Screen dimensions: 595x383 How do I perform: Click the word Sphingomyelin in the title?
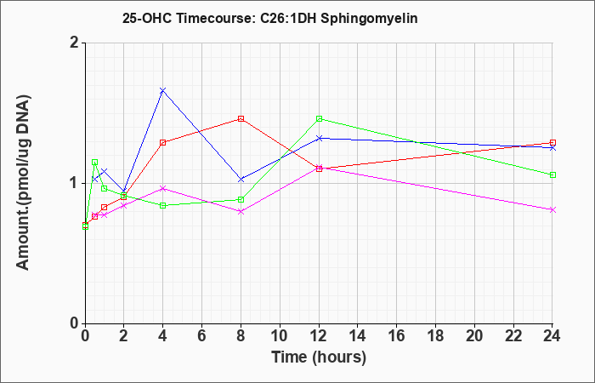click(x=369, y=19)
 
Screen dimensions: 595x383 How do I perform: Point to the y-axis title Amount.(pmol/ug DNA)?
click(x=23, y=182)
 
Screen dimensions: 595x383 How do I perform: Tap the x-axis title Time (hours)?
click(x=319, y=357)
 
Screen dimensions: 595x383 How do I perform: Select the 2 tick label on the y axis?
click(x=75, y=43)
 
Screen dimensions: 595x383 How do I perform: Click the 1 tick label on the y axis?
click(x=75, y=184)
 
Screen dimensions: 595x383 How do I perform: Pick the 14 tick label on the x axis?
click(x=358, y=336)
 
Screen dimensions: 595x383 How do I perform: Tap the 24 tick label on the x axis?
click(x=552, y=336)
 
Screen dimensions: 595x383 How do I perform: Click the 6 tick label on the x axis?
click(x=202, y=336)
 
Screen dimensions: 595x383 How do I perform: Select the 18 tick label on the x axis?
click(x=435, y=336)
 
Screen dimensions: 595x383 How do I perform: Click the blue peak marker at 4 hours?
click(x=163, y=90)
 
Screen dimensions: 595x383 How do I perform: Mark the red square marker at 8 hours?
click(x=241, y=118)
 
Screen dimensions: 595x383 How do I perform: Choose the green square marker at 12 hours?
click(x=319, y=118)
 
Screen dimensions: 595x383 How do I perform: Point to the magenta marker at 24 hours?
click(x=552, y=209)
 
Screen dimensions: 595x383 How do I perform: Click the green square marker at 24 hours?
click(x=552, y=174)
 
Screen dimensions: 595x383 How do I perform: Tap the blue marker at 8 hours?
click(x=241, y=179)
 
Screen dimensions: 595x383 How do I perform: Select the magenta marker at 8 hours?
click(x=241, y=211)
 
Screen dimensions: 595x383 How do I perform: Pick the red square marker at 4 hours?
click(x=163, y=142)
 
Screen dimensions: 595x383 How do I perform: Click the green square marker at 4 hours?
click(x=163, y=206)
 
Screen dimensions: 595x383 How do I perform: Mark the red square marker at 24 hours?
click(x=552, y=142)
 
